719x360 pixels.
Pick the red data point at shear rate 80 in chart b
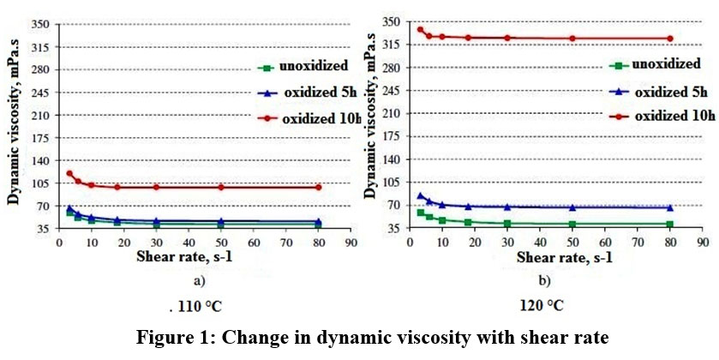click(x=670, y=38)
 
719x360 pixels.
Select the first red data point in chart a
click(x=69, y=173)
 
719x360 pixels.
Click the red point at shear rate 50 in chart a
click(x=221, y=187)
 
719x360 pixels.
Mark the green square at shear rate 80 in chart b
click(x=670, y=224)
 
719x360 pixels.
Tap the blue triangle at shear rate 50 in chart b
click(x=572, y=207)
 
